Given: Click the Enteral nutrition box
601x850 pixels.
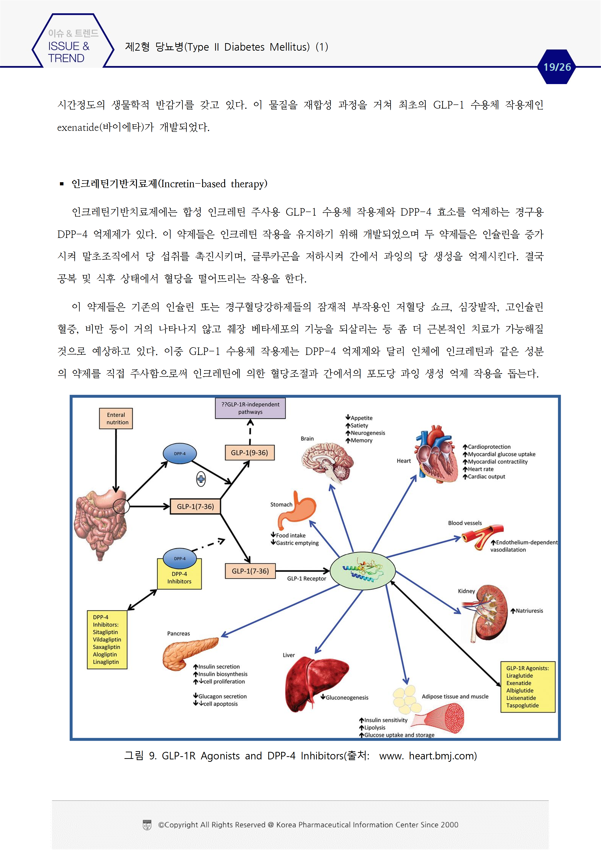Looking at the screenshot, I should coord(116,418).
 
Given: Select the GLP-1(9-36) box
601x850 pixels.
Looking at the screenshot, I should coord(250,452).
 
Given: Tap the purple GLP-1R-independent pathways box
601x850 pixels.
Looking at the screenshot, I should coord(250,408).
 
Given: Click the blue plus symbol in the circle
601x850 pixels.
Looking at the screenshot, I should coord(201,479).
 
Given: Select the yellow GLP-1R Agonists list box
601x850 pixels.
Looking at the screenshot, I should coord(528,687).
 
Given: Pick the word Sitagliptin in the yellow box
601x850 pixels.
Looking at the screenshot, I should coord(105,632).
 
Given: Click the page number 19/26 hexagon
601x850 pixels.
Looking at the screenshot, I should coord(557,67).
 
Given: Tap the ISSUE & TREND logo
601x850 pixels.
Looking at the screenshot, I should coord(70,46).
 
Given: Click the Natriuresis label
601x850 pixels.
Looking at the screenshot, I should coord(529,611).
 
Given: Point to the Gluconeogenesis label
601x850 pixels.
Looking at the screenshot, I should coord(347,698).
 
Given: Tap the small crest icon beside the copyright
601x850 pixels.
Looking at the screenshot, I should coord(147,825).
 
